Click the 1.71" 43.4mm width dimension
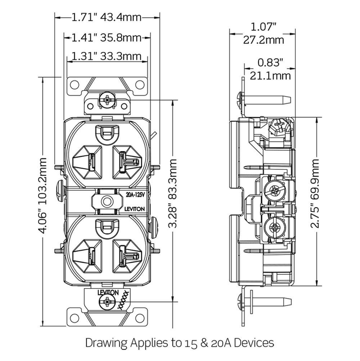[107, 17]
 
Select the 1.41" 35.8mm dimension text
[107, 37]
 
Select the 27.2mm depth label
[263, 40]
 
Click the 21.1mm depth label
[270, 76]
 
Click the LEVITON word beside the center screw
[135, 209]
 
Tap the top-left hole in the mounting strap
[75, 85]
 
